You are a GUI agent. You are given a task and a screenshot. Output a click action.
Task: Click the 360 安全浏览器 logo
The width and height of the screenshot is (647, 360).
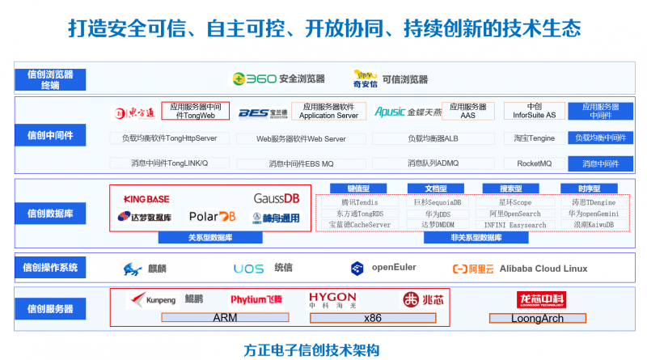pos(260,79)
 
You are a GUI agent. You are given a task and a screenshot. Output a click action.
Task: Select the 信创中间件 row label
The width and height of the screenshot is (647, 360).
pos(50,135)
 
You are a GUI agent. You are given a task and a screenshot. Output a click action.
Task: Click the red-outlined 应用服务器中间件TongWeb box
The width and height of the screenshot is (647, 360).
pos(195,111)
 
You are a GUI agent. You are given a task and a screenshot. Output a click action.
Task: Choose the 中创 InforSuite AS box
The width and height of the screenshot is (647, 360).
pos(535,111)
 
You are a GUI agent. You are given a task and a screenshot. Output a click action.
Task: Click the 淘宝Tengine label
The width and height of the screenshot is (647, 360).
pos(535,138)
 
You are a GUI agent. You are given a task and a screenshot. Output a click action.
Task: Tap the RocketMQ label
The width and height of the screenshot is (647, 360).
pos(535,163)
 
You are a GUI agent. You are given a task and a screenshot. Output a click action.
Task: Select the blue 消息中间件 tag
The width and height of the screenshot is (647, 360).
pos(600,164)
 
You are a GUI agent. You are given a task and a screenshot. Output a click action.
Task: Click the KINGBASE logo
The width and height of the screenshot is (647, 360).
pos(146,199)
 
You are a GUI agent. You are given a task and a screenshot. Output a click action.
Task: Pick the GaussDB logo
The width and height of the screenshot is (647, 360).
pos(277,198)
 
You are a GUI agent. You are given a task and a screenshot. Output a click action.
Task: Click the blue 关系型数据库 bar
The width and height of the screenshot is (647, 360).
pos(210,238)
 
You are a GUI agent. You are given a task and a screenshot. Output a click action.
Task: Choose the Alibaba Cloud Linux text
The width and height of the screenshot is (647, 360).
pos(542,269)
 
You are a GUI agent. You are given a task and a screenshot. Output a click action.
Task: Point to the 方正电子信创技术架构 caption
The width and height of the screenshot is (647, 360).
pos(311,350)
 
